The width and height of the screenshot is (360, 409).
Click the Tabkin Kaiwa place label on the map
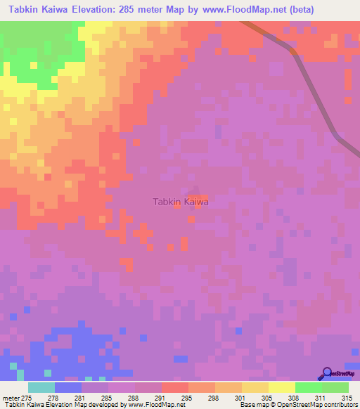pyautogui.click(x=181, y=202)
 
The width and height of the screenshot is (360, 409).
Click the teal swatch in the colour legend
pyautogui.click(x=41, y=387)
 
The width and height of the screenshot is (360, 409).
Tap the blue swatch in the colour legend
pyautogui.click(x=67, y=387)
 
